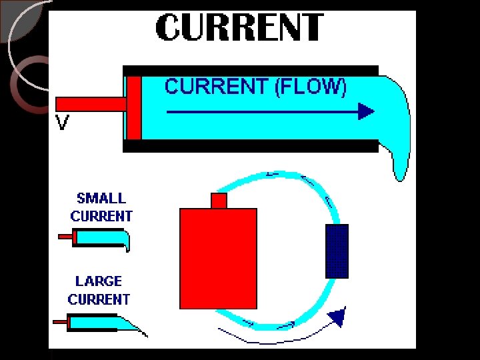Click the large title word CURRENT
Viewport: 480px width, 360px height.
[240, 28]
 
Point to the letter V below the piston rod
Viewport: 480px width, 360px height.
[62, 123]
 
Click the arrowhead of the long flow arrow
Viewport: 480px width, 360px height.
[366, 111]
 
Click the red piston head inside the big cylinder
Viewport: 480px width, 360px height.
[134, 107]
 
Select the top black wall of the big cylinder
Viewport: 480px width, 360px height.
[251, 70]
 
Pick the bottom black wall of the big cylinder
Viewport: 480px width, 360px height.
[251, 146]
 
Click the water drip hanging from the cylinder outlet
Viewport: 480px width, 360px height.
[399, 163]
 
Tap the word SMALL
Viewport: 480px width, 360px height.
[101, 198]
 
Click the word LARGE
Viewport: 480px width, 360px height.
[99, 282]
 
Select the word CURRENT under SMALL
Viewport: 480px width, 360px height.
[101, 216]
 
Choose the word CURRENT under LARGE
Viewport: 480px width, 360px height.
[99, 299]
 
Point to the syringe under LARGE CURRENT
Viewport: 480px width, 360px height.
[100, 323]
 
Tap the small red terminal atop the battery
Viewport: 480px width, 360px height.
[219, 200]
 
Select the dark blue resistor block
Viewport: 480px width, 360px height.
[337, 251]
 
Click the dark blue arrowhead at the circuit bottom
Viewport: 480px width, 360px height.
[339, 317]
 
